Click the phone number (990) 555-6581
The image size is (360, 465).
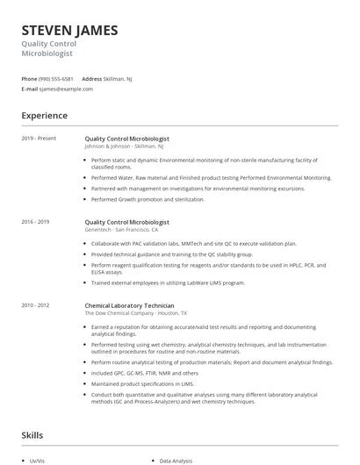56,79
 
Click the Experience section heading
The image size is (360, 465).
44,116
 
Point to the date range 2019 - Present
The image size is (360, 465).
38,139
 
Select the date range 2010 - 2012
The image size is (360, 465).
36,304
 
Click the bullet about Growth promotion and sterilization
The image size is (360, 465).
148,199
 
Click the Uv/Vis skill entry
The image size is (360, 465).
37,460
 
